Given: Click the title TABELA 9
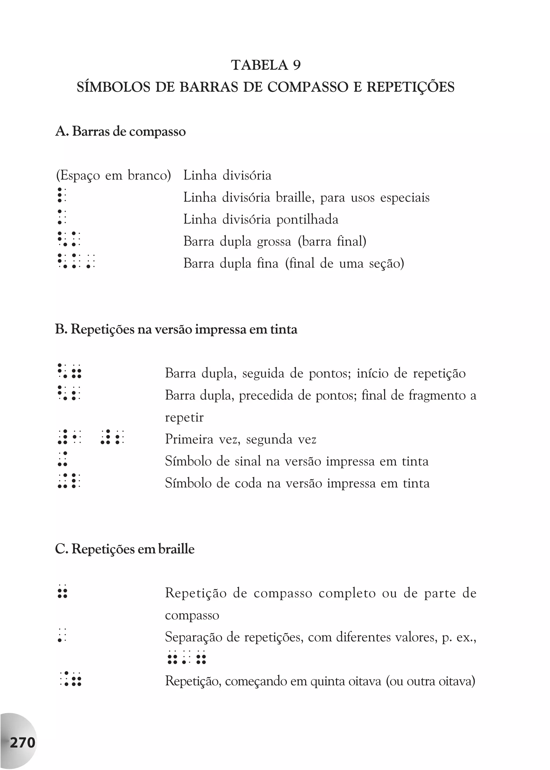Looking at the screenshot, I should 266,65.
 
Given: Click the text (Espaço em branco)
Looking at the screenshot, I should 113,175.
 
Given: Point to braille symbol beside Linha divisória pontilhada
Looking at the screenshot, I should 62,217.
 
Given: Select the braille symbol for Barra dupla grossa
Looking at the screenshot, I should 69,239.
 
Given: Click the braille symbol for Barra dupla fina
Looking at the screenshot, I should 76,261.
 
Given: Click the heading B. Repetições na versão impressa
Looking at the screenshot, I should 176,329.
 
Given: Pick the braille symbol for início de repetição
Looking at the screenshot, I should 70,371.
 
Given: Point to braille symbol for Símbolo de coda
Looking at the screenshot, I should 69,481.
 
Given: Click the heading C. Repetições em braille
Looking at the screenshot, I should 125,549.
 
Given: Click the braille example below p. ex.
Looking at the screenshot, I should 187,657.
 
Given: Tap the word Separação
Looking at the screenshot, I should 193,638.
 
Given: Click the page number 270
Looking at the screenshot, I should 22,743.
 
